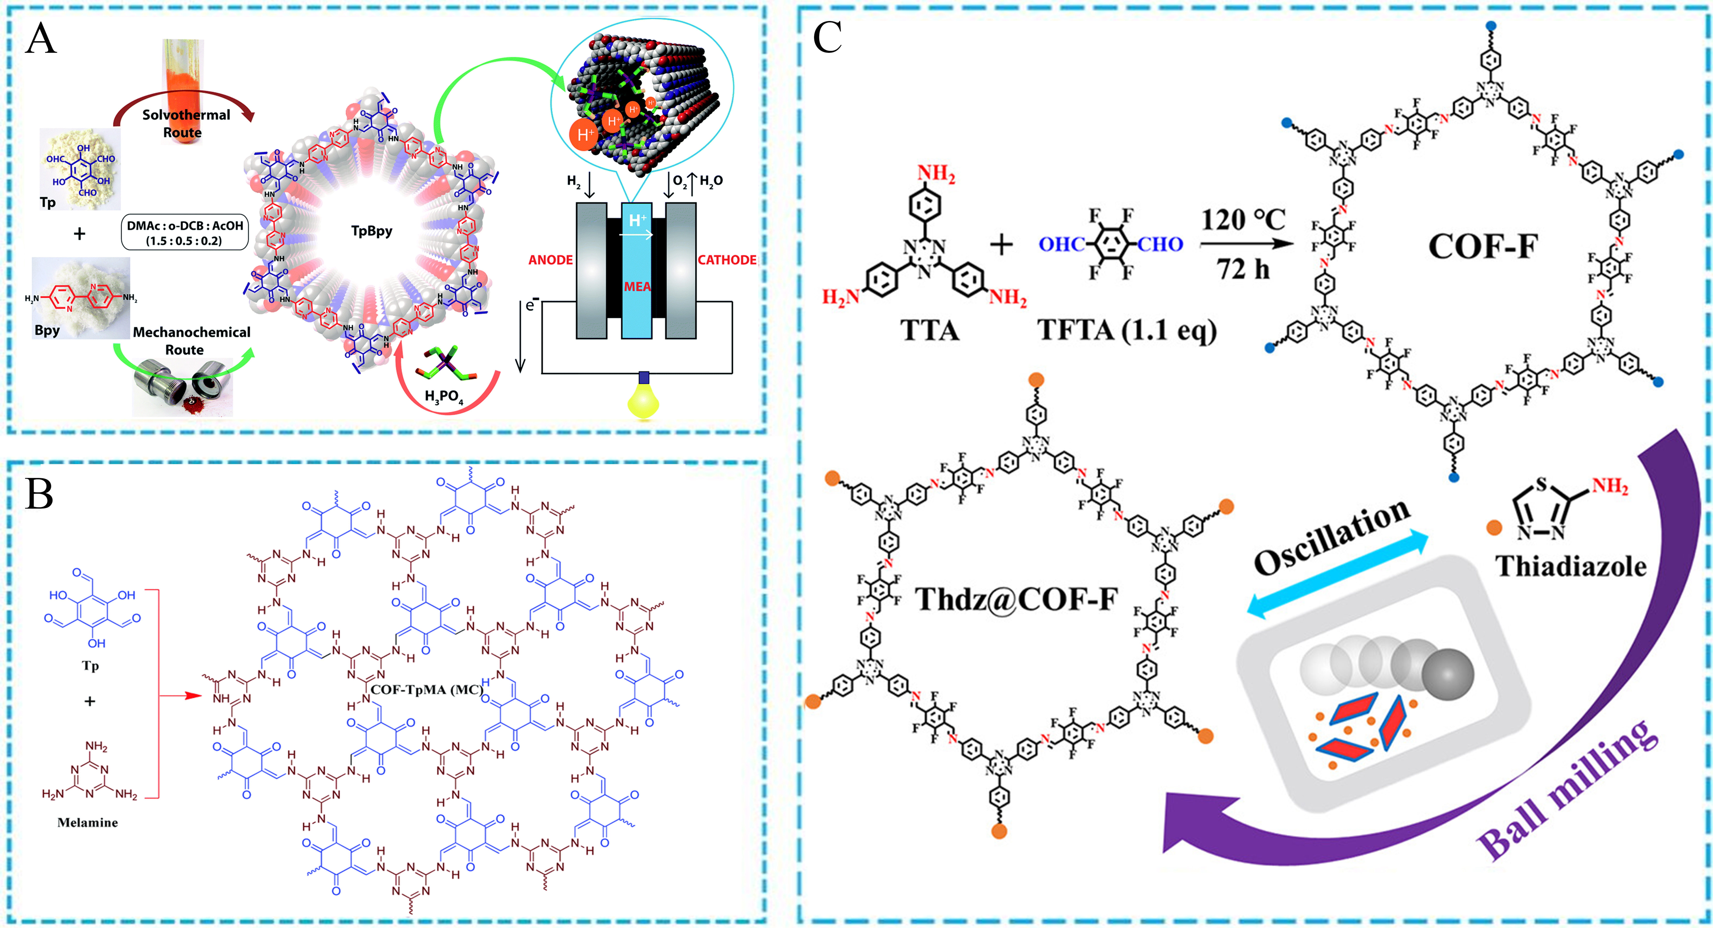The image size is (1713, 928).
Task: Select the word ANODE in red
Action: (x=550, y=260)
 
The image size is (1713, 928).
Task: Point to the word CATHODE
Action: (x=727, y=260)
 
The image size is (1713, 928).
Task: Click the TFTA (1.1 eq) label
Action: (x=1127, y=330)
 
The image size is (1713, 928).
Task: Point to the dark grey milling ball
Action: (x=1447, y=675)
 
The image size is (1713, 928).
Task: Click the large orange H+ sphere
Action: (x=584, y=135)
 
